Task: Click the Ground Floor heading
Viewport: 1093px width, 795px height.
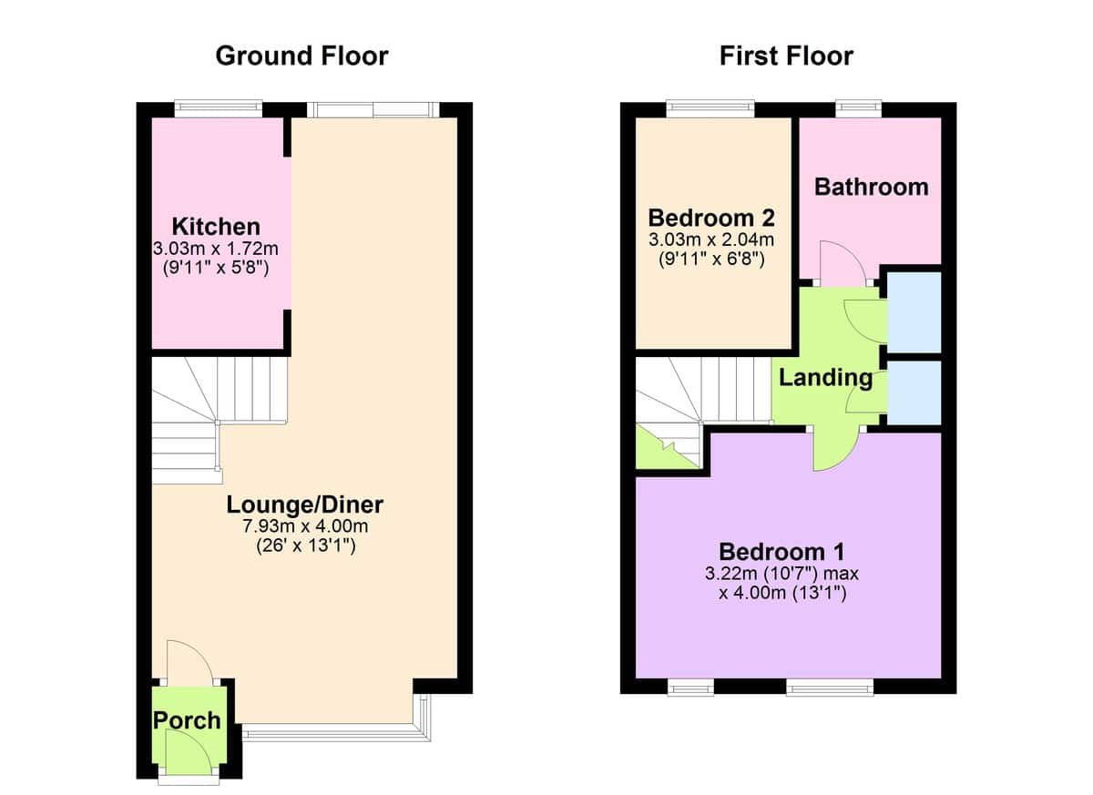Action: (x=302, y=56)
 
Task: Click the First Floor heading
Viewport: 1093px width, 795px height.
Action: (x=786, y=56)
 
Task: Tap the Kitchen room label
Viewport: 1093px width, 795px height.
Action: (x=216, y=227)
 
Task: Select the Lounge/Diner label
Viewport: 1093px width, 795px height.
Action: (x=305, y=505)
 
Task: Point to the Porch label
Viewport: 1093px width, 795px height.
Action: (x=187, y=721)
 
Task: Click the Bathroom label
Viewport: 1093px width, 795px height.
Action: (x=872, y=188)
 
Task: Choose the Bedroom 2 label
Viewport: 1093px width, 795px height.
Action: (x=711, y=218)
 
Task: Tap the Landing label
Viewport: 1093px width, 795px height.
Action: (x=825, y=378)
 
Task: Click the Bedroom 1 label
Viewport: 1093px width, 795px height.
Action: (x=781, y=552)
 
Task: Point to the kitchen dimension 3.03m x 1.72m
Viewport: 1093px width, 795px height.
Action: (x=216, y=249)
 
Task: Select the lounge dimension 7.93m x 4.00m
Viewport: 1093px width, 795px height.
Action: (x=305, y=526)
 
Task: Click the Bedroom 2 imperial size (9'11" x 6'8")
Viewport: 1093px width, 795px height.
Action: (x=711, y=259)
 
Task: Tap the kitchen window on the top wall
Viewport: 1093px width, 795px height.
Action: (x=219, y=108)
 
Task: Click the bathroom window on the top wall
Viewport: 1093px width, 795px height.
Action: (x=858, y=108)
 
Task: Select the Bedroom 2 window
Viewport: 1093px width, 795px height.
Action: (x=710, y=108)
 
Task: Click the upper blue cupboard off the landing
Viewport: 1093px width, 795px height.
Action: (x=914, y=312)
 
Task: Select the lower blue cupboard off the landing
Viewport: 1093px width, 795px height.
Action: (x=914, y=392)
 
